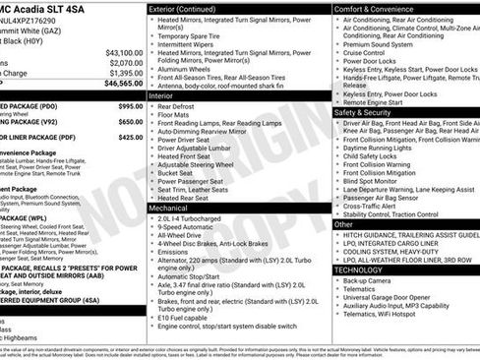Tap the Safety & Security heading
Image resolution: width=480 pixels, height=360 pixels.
371,112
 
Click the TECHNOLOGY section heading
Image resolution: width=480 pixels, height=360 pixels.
358,269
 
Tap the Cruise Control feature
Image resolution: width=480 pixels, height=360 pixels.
369,51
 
